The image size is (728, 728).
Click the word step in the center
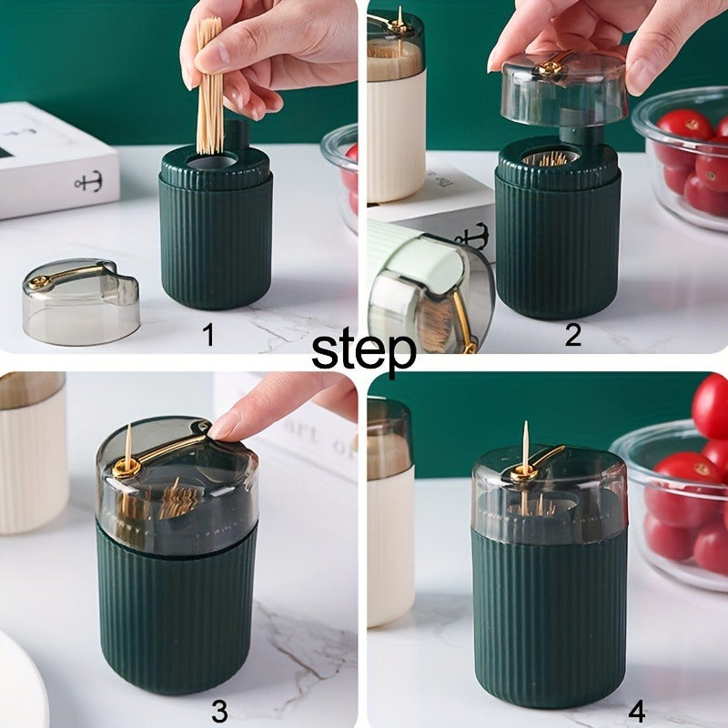(364, 350)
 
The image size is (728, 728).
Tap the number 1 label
(208, 336)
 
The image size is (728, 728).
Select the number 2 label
(572, 335)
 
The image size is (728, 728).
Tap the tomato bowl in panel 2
(682, 159)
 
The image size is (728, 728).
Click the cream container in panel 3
(32, 455)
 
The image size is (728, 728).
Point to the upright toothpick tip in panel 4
(525, 432)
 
